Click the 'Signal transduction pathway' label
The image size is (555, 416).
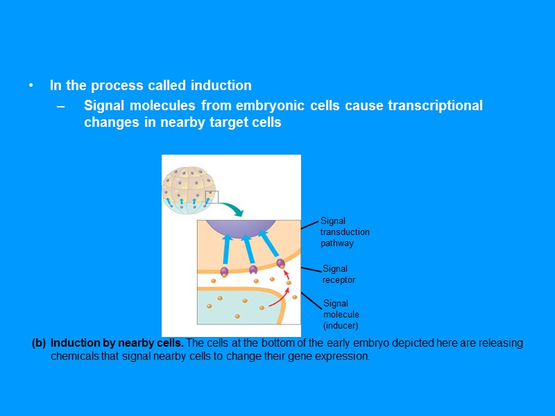tap(344, 232)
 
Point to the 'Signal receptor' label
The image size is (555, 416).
tap(339, 274)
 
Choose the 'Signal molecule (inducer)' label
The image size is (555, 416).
tap(341, 314)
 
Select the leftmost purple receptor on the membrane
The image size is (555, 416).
tap(224, 271)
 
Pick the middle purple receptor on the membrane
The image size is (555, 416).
tap(253, 269)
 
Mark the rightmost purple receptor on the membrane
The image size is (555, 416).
tap(280, 263)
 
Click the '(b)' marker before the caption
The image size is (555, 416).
tap(39, 343)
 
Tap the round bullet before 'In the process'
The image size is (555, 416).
tap(31, 86)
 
